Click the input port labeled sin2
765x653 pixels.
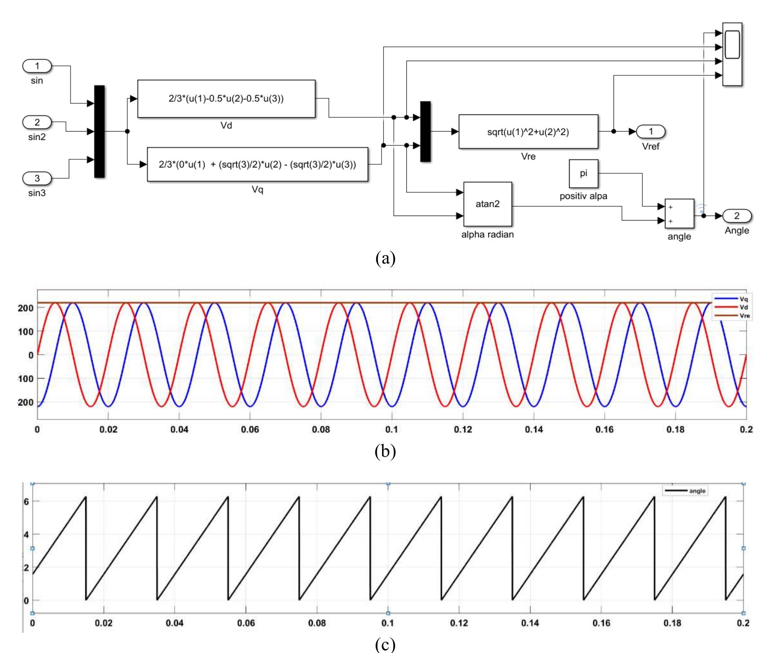(x=37, y=122)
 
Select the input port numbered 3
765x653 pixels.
(x=37, y=178)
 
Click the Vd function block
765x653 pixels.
(x=226, y=99)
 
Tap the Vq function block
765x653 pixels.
(x=257, y=165)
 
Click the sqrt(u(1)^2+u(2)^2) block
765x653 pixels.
(x=528, y=132)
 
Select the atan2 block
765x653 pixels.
(x=487, y=204)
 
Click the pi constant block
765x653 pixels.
(x=583, y=173)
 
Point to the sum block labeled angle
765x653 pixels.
(x=679, y=214)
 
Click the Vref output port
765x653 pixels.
(x=650, y=132)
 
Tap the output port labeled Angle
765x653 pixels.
(x=736, y=216)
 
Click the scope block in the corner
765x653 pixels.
(x=732, y=54)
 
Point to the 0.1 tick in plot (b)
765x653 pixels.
(x=391, y=429)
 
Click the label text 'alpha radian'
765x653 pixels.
(x=487, y=234)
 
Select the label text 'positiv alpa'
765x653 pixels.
(x=583, y=196)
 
